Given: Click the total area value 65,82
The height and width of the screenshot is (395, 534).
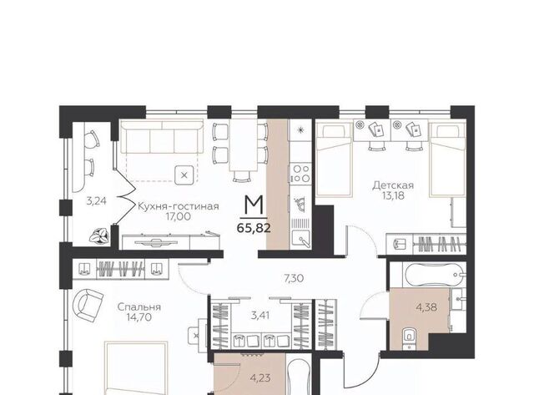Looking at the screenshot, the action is (x=254, y=227).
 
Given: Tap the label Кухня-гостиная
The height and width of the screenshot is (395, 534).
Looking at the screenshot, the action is (x=178, y=206).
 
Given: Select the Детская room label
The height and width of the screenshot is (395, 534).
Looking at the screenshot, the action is (x=393, y=185).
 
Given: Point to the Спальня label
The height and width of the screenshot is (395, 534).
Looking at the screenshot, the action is (x=139, y=307).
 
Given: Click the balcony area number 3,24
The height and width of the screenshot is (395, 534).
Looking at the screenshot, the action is (x=97, y=201).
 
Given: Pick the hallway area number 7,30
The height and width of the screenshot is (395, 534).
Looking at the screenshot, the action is (x=294, y=278).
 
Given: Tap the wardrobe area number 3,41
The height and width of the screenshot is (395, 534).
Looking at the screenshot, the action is (x=260, y=316).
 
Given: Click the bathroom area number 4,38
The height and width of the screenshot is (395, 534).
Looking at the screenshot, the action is (x=426, y=307).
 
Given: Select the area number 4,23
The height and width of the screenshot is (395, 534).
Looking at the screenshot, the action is (x=260, y=377).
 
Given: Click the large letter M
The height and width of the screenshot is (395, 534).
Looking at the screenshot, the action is (x=254, y=205).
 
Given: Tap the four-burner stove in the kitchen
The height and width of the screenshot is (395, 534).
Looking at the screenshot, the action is (x=300, y=173).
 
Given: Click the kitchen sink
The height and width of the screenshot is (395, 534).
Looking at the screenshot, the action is (x=301, y=237).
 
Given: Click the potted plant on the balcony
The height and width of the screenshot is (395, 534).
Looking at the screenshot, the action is (x=99, y=235).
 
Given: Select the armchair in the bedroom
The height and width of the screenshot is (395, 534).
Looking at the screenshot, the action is (x=88, y=305).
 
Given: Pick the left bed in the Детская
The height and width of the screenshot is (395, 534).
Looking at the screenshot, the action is (x=334, y=160).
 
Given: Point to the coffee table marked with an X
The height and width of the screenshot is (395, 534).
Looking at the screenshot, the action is (x=184, y=175).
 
